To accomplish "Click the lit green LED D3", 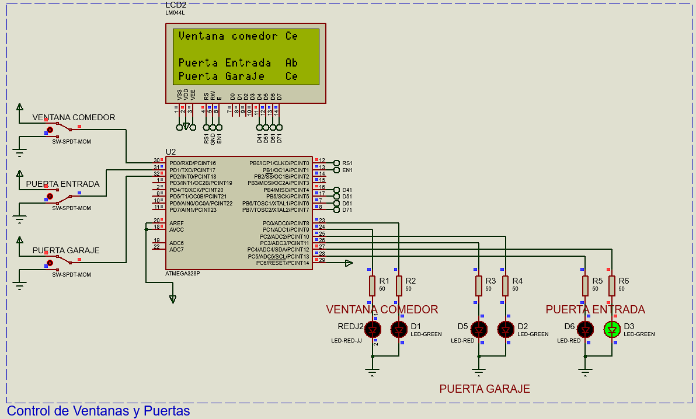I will click(x=612, y=330).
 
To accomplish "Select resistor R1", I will click(x=372, y=285).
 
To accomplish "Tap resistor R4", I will click(x=506, y=285).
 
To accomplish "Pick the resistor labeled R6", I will click(x=612, y=285).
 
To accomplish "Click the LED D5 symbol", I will click(x=479, y=330).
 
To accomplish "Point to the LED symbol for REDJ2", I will click(x=372, y=330).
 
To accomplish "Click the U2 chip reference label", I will click(x=170, y=152).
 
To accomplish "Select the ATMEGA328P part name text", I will click(x=183, y=273).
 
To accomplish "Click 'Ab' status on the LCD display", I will click(x=291, y=62).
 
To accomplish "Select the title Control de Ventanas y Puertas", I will click(x=99, y=411).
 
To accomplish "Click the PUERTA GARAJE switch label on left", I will click(x=65, y=250).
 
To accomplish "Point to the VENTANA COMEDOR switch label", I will click(x=74, y=117).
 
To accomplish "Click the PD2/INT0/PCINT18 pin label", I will click(x=193, y=176).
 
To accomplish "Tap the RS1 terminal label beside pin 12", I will click(x=347, y=163).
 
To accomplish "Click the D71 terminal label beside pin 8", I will click(x=347, y=210).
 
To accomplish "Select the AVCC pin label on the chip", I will click(x=176, y=230).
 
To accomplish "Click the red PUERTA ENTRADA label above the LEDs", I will click(x=595, y=309).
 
